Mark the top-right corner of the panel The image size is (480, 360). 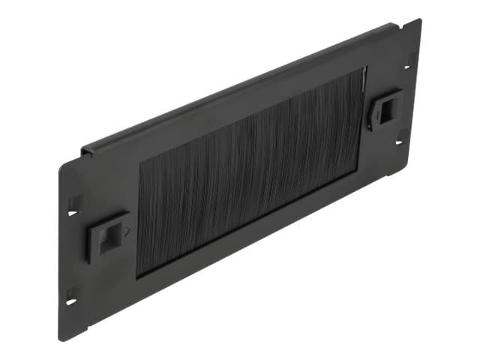pyautogui.click(x=421, y=20)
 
